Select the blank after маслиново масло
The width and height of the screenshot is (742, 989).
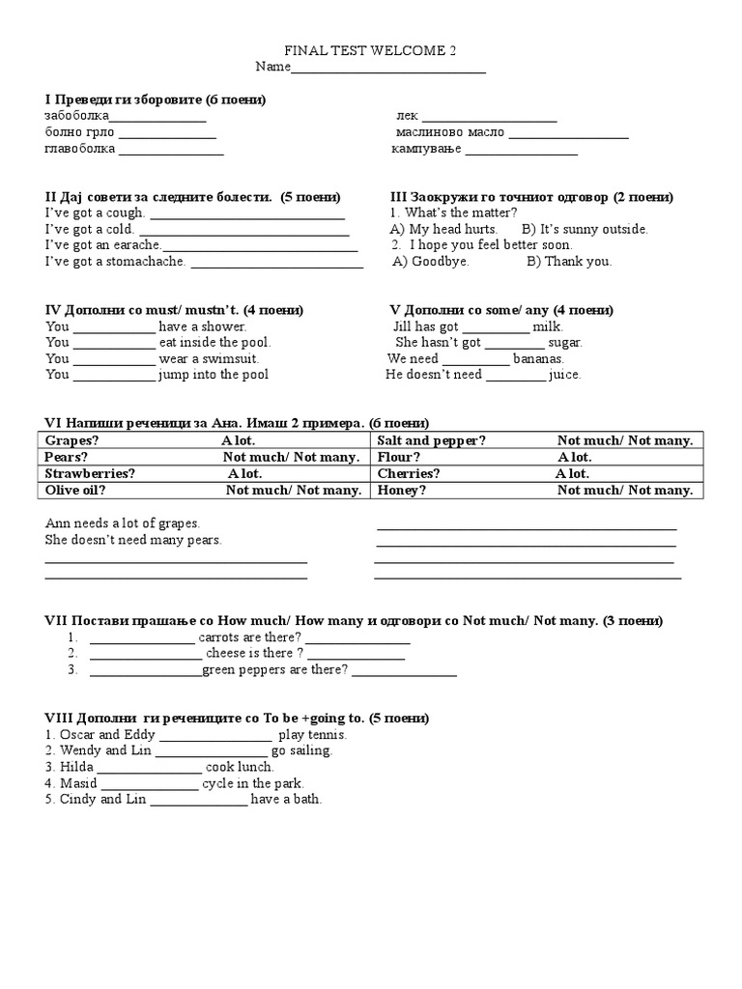(x=568, y=133)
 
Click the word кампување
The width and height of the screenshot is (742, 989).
(x=426, y=150)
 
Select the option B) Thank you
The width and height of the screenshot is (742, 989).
(x=569, y=261)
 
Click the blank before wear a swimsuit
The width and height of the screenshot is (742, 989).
(x=114, y=359)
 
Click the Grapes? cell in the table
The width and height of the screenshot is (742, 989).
(x=72, y=440)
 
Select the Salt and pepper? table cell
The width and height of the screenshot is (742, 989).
(x=431, y=440)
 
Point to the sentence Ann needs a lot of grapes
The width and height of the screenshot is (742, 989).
(x=123, y=523)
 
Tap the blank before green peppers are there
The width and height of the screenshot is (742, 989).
(x=146, y=670)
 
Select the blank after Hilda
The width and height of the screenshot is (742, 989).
(x=151, y=768)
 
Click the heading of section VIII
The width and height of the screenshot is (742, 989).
(x=237, y=718)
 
